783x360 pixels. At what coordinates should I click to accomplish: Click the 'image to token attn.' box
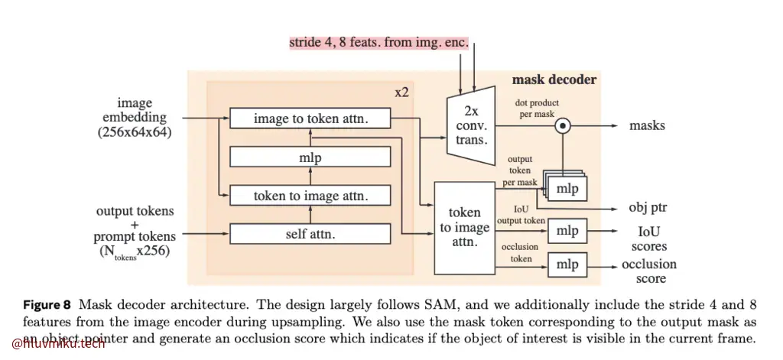(310, 118)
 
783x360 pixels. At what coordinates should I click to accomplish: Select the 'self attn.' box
(310, 233)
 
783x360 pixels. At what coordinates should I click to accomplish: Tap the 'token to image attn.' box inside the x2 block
(310, 196)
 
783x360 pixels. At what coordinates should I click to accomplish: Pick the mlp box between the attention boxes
(310, 157)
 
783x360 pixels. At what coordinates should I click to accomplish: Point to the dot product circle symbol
(562, 125)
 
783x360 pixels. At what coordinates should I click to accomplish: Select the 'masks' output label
(647, 125)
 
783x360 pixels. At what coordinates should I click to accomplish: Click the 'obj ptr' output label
(648, 208)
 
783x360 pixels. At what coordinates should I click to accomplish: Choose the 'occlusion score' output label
(648, 271)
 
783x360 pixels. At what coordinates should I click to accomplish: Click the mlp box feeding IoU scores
(567, 230)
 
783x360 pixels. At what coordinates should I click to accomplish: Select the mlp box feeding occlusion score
(567, 264)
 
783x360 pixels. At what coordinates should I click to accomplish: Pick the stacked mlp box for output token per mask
(567, 188)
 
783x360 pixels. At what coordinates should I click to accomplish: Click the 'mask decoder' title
(554, 79)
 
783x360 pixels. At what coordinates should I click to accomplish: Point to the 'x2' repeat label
(401, 92)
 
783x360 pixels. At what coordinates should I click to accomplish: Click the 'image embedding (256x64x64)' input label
(135, 117)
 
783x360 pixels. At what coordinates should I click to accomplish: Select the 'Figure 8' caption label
(47, 304)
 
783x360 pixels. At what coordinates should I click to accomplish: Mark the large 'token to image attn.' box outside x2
(464, 228)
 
